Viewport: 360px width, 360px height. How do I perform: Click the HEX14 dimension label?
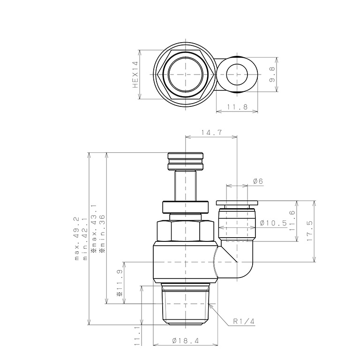(x=135, y=75)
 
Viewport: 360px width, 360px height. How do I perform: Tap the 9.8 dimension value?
(x=272, y=75)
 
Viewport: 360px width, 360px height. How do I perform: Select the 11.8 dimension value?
(x=237, y=107)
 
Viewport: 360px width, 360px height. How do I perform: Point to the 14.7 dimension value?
(x=212, y=133)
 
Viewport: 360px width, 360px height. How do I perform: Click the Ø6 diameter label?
(x=258, y=181)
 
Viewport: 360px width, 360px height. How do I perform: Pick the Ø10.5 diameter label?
(x=273, y=223)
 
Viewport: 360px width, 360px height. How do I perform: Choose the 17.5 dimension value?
(x=310, y=231)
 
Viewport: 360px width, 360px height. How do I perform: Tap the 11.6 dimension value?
(x=292, y=221)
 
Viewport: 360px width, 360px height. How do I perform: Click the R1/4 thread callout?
(x=244, y=321)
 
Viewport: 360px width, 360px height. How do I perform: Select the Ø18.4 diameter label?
(x=185, y=341)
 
